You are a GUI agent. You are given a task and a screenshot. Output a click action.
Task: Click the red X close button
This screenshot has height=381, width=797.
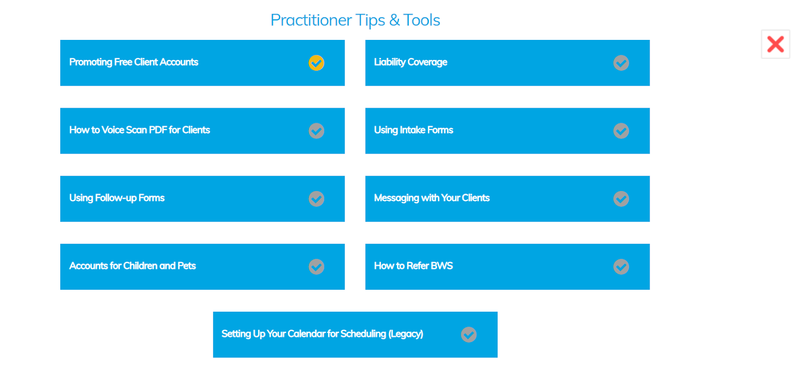[775, 44]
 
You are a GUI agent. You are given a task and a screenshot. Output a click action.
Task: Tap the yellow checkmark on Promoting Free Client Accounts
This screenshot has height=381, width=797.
[316, 63]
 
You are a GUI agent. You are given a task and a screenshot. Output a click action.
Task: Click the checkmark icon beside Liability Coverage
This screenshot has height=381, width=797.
[621, 63]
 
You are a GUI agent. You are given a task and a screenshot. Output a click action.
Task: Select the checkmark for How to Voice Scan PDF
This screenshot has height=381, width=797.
[316, 131]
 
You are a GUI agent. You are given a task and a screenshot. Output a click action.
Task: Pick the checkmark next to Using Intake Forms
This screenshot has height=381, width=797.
[621, 131]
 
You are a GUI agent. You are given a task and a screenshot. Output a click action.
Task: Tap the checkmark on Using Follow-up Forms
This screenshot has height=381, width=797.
[316, 199]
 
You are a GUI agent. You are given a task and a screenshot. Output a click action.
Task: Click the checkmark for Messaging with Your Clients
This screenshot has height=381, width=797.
[621, 199]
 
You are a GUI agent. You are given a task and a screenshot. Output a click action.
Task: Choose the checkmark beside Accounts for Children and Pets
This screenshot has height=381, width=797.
[316, 267]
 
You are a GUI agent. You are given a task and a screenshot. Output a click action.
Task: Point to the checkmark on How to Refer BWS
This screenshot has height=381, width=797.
[621, 267]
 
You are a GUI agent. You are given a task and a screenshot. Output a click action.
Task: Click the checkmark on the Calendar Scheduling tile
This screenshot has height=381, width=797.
[469, 335]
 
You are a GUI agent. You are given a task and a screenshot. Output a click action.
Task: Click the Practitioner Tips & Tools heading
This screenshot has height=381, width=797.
[355, 20]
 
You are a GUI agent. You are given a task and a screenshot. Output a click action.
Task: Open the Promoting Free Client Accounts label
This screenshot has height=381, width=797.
[134, 62]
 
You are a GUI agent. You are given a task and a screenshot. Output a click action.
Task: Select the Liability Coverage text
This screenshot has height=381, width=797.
[410, 62]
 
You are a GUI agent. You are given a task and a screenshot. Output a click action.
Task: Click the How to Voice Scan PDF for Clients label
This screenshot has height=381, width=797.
[139, 130]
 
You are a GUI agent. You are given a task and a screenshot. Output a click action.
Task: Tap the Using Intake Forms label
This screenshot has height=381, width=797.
[413, 130]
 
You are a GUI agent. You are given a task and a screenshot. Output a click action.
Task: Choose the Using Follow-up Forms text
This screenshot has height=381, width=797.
[117, 198]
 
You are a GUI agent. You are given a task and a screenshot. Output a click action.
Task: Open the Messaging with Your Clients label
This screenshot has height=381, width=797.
[431, 198]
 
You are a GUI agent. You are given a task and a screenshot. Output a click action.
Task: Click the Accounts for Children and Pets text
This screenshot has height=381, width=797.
[133, 266]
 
